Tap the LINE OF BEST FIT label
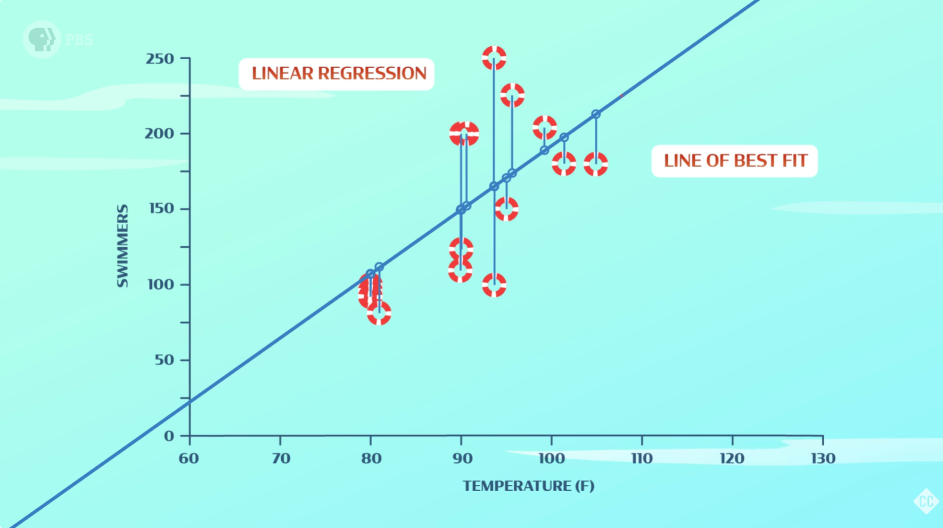pos(734,161)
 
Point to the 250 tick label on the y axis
pos(160,59)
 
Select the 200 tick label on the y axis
pos(159,134)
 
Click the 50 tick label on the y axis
pos(164,360)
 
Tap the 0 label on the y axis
pos(169,436)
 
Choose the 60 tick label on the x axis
pos(189,459)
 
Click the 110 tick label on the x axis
pos(642,459)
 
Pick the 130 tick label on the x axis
pos(823,459)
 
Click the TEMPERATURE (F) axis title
pos(528,486)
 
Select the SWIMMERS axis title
pos(122,246)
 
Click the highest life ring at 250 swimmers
pos(494,58)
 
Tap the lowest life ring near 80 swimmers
pos(379,314)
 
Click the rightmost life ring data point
pos(596,164)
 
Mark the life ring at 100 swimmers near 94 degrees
pos(494,286)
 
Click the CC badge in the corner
pos(926,501)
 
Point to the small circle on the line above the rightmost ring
pos(596,114)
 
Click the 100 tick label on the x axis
pos(551,459)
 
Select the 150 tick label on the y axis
pos(161,209)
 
